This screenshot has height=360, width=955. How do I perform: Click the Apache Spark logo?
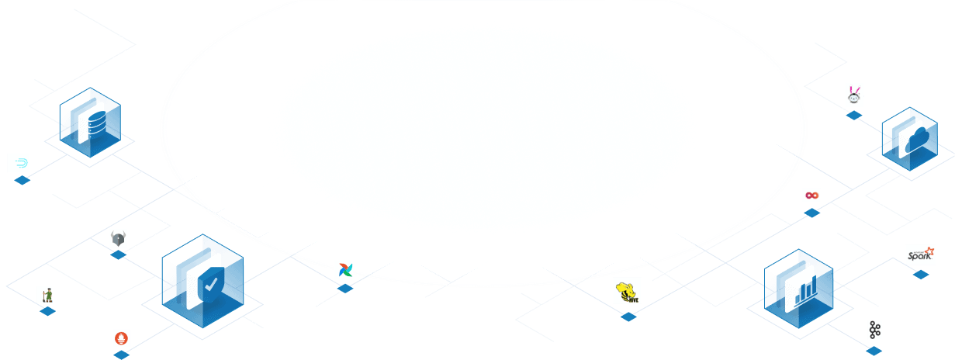pos(920,254)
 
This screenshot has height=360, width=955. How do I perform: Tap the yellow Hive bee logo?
pos(627,291)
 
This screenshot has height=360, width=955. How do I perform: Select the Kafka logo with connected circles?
pos(875,330)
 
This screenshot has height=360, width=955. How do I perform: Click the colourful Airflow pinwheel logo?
pos(344,270)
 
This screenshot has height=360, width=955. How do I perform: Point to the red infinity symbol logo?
pos(811,196)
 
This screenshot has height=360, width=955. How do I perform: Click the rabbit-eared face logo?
pos(853,95)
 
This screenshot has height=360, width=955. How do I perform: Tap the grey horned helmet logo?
pos(118,238)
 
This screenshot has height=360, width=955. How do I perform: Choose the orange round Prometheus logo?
pos(121,337)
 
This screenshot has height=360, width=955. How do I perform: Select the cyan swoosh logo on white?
pos(19,163)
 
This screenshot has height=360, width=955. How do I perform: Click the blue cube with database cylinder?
pos(90,123)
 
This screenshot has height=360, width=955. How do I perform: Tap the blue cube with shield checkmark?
pos(202,281)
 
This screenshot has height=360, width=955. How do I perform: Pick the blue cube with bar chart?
pos(798,288)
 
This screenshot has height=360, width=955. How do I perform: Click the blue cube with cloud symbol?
pos(909,139)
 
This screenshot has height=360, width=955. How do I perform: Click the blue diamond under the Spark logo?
pos(921,274)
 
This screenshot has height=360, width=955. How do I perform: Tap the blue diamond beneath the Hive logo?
pos(628,317)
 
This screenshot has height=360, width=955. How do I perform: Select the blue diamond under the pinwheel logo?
pos(345,289)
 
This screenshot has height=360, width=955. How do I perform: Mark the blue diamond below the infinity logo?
pos(812,213)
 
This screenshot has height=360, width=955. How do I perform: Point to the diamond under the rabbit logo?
pos(854,116)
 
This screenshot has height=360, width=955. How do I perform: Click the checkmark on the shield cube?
pos(210,286)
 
